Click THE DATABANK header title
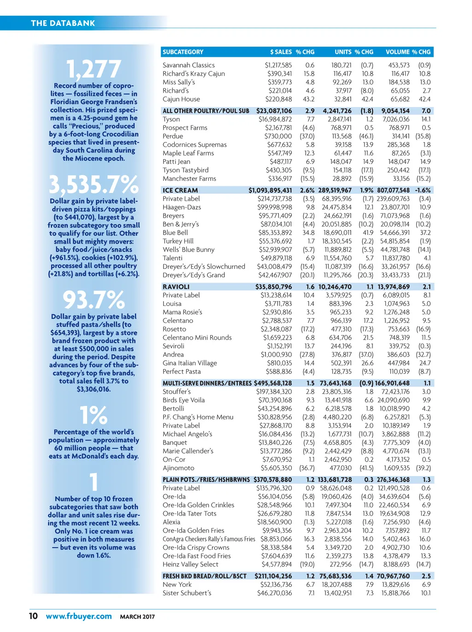(63, 23)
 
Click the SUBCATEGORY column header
(183, 52)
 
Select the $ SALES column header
(280, 52)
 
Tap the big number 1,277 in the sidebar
(94, 70)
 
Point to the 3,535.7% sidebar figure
(94, 185)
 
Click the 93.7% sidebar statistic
(94, 300)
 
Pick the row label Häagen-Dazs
(182, 207)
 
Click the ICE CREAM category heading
(180, 190)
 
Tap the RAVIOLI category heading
(176, 287)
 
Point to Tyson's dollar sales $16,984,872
(275, 119)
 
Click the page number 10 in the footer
(33, 616)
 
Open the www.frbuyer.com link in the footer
(79, 616)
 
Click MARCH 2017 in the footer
(137, 617)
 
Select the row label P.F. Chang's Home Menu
(198, 417)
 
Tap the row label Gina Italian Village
(189, 363)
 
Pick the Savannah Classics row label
(189, 65)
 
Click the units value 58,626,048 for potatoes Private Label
(336, 488)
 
